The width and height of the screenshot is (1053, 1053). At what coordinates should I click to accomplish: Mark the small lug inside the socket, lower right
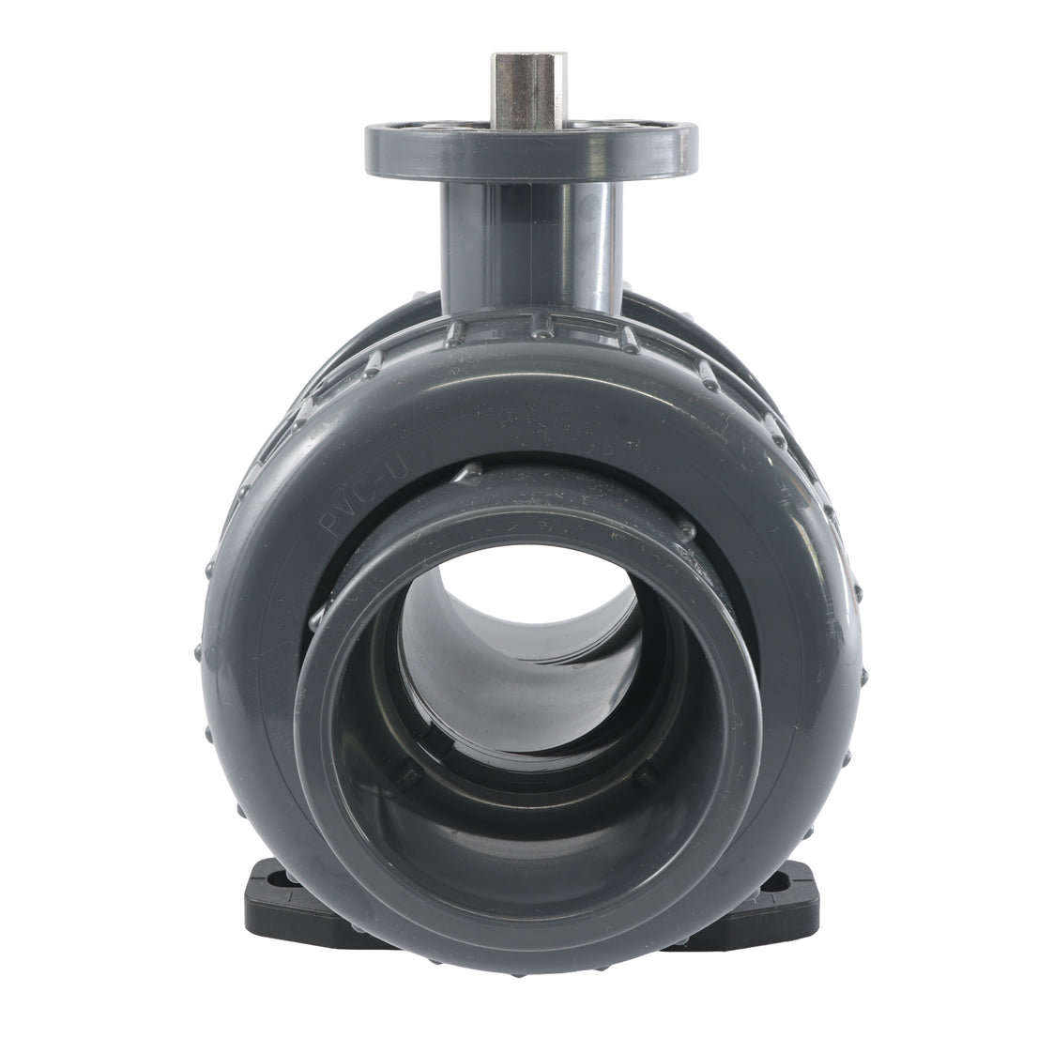click(648, 775)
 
